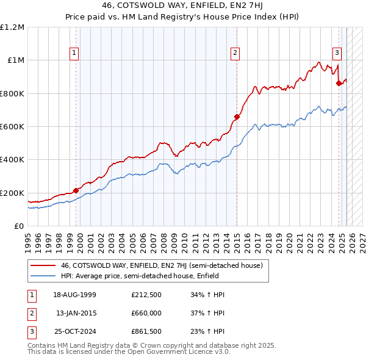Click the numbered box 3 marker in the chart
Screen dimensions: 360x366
pyautogui.click(x=337, y=52)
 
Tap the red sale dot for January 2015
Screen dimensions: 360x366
pyautogui.click(x=237, y=117)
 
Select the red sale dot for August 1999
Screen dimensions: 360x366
pyautogui.click(x=76, y=190)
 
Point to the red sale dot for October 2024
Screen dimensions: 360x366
pyautogui.click(x=339, y=84)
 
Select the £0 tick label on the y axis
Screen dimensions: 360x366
pyautogui.click(x=18, y=226)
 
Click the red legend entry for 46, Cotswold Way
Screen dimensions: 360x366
pyautogui.click(x=162, y=265)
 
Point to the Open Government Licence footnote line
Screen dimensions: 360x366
pyautogui.click(x=129, y=352)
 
